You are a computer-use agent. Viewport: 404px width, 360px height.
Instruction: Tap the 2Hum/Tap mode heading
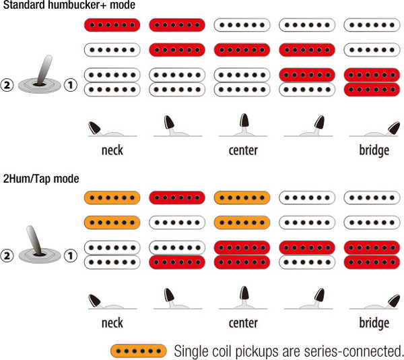tap(41, 179)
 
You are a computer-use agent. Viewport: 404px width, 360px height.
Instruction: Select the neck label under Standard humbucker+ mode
tap(112, 150)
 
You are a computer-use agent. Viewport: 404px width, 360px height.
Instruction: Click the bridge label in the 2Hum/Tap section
tap(374, 323)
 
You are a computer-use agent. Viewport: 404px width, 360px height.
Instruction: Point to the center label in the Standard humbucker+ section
tap(243, 150)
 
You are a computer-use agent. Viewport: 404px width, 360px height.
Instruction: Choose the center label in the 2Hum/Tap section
tap(243, 323)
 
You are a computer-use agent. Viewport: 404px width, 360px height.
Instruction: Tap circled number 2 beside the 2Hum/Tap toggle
tap(9, 257)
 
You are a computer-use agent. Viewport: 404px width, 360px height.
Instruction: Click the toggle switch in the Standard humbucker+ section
tap(40, 78)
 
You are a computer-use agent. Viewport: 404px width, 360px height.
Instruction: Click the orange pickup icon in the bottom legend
tap(138, 351)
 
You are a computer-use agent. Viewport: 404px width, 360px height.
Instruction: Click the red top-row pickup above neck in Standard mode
tap(112, 26)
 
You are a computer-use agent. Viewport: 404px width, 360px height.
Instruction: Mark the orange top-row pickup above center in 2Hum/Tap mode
tap(242, 198)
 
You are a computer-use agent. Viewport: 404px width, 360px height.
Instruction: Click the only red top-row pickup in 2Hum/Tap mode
tap(177, 198)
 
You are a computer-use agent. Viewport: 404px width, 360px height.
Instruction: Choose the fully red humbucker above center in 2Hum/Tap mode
tap(242, 254)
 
